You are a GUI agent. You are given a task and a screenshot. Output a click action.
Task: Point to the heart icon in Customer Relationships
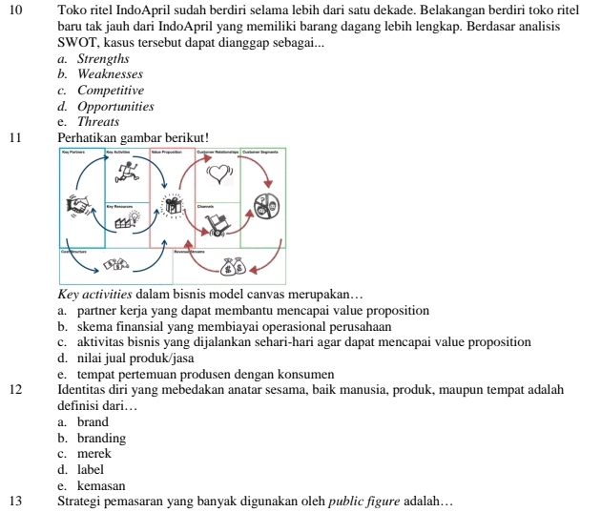218,172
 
